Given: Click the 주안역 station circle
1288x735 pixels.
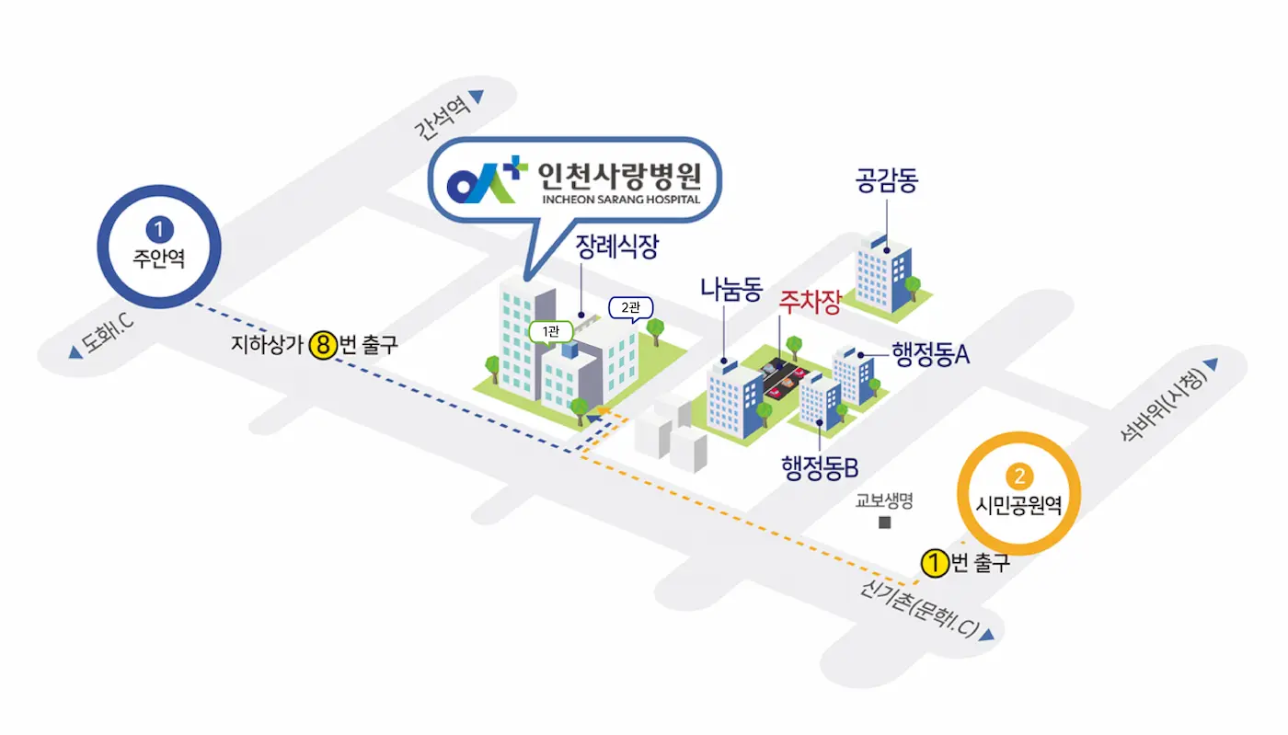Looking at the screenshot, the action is [x=159, y=247].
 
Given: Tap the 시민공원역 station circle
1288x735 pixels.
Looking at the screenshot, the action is [x=1019, y=493].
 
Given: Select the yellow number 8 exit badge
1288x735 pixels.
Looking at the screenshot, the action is [x=323, y=345].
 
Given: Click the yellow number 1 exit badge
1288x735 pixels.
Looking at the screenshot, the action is [x=935, y=563].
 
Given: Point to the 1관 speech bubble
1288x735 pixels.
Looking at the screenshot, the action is [x=551, y=332].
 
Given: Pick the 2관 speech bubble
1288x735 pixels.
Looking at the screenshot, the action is [x=631, y=309].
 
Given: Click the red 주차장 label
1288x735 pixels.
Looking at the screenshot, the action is [x=810, y=302].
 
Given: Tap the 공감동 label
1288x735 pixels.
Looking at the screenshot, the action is [x=887, y=180].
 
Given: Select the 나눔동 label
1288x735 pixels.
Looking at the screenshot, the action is [x=731, y=289].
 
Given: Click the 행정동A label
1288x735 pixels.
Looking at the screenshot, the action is [x=931, y=353].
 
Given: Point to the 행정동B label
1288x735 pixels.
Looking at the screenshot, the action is [x=820, y=467].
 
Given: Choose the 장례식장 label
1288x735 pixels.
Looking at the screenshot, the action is [x=617, y=247].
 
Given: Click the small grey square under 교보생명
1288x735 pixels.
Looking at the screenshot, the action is [x=885, y=523].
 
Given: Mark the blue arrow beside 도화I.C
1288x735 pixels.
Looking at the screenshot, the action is [x=75, y=352].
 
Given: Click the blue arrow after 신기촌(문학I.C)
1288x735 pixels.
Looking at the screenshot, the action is [x=986, y=635].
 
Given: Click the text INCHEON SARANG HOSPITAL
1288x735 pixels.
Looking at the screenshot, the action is [x=621, y=200].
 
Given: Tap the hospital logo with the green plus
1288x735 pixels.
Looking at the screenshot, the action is [x=487, y=178].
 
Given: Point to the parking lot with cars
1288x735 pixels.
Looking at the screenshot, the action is [x=784, y=378].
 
